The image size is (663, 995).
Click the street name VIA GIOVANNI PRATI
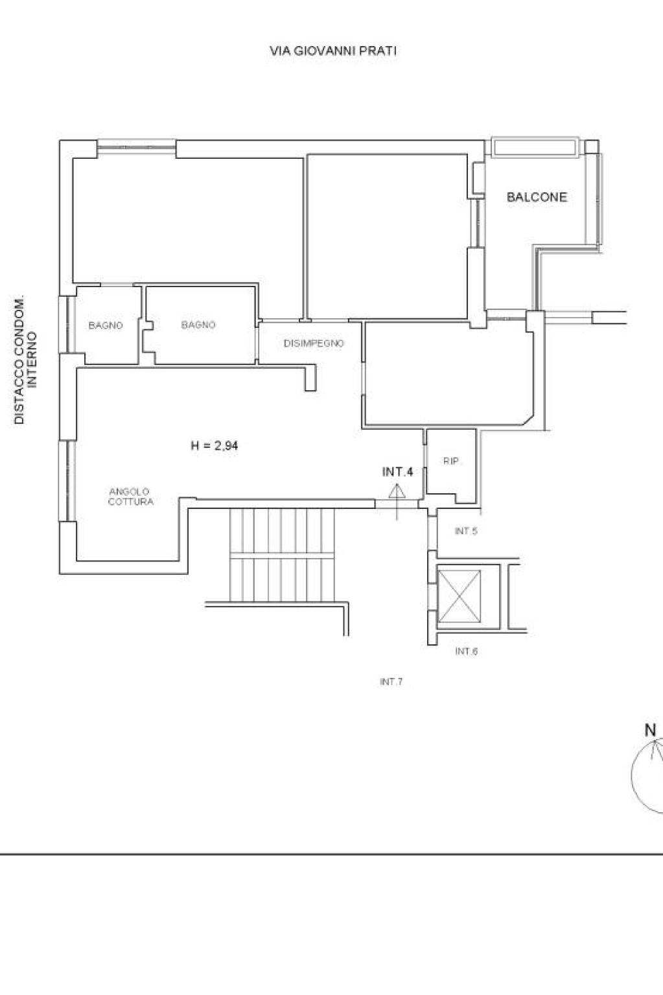pos(333,51)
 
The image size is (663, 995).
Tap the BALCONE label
pos(537,197)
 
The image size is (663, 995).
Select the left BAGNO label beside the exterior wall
pos(105,325)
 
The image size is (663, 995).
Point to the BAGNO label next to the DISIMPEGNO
pos(198,325)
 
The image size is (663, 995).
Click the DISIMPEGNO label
pos(314,344)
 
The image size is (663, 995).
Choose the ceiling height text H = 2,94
pos(215,445)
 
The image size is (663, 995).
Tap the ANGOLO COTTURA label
pos(130,497)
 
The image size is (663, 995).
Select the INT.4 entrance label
pos(397,472)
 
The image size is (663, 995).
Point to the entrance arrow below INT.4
pos(397,502)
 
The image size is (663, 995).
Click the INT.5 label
pos(466,531)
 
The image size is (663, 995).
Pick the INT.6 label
pos(466,651)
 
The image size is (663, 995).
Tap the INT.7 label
pos(391,681)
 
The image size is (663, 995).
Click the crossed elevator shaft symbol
pos(459,596)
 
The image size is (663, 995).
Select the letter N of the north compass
pos(650,731)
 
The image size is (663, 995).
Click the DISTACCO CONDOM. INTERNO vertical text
pos(25,360)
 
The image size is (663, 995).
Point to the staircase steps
pos(282,555)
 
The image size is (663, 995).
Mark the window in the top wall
pos(136,147)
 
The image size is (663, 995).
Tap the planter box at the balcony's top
pos(535,147)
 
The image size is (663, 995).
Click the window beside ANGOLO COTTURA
pos(67,480)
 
